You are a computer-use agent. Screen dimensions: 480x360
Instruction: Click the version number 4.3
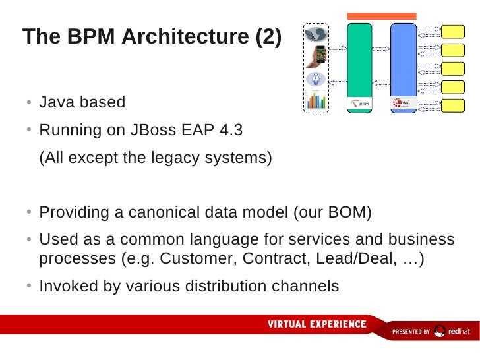[229, 130]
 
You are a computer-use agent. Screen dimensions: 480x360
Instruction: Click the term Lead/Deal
[358, 258]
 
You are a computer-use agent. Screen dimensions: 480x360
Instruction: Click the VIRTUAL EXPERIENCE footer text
[317, 324]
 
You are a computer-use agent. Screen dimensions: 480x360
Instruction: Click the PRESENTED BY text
[411, 332]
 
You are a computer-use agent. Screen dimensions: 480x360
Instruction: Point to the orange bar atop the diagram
[382, 16]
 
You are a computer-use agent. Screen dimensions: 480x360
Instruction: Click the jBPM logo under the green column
[359, 104]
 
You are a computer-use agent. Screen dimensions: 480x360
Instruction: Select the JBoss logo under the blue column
[401, 104]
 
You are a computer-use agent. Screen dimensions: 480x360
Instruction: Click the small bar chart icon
[317, 100]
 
